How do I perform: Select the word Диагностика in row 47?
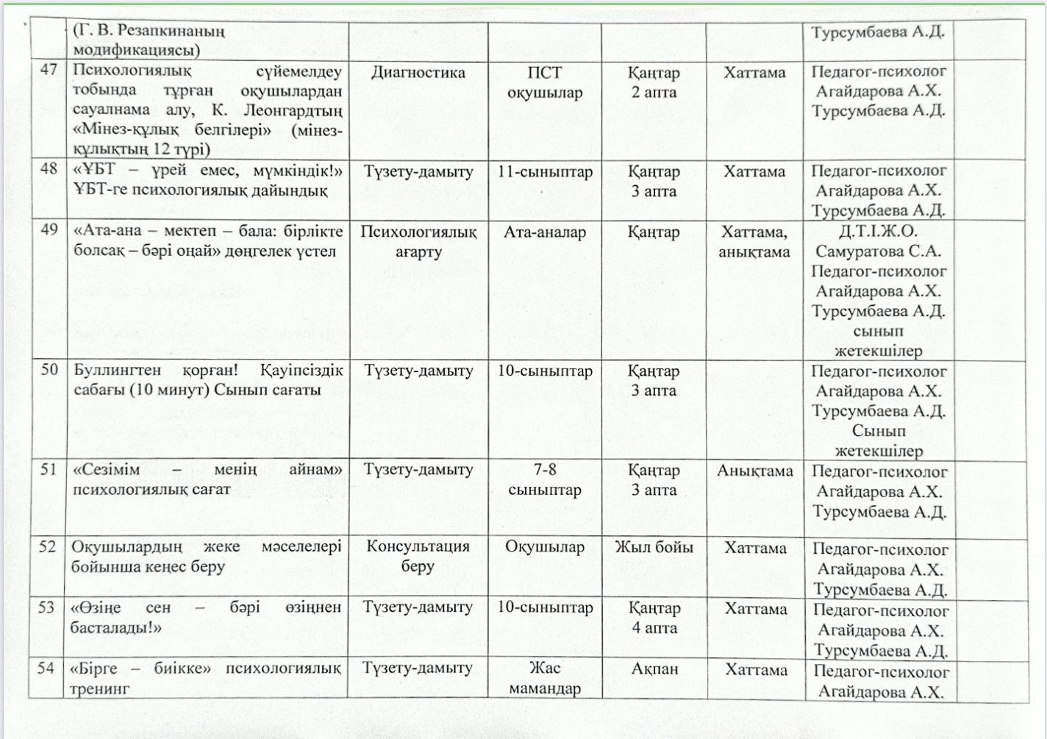pos(418,72)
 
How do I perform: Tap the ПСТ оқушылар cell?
pos(545,82)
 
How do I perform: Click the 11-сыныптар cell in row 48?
pos(545,172)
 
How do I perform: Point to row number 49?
pos(49,229)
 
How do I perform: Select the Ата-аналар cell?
pos(545,232)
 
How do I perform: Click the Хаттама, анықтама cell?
pos(754,242)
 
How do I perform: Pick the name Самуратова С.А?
pos(878,251)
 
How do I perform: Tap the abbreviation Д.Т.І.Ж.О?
pos(878,232)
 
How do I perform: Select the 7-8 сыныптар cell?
pos(545,479)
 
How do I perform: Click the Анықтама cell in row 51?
pos(754,471)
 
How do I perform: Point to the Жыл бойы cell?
pos(654,547)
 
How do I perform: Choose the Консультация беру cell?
pos(418,556)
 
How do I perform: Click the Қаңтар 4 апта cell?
pos(654,618)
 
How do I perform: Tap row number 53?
pos(47,607)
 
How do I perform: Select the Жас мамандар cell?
pos(545,678)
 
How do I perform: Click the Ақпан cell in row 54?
pos(654,669)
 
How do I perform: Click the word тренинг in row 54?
pos(100,688)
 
